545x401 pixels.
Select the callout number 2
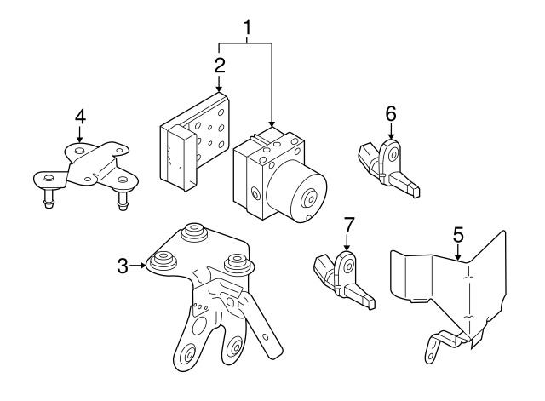tap(219, 66)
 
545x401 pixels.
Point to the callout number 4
tap(79, 115)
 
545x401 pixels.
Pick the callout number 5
tap(457, 232)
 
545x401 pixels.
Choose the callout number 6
tap(391, 112)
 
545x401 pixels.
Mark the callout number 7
tap(347, 226)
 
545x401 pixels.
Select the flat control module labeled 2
tap(194, 136)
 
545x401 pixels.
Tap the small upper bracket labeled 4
tap(85, 165)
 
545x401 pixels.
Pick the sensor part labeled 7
tap(342, 276)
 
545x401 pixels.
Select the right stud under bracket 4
tap(121, 203)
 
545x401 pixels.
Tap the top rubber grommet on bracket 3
tap(196, 232)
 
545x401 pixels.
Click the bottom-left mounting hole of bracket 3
tap(188, 356)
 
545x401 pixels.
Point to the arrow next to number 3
tap(140, 266)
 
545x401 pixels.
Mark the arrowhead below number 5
tap(457, 254)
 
